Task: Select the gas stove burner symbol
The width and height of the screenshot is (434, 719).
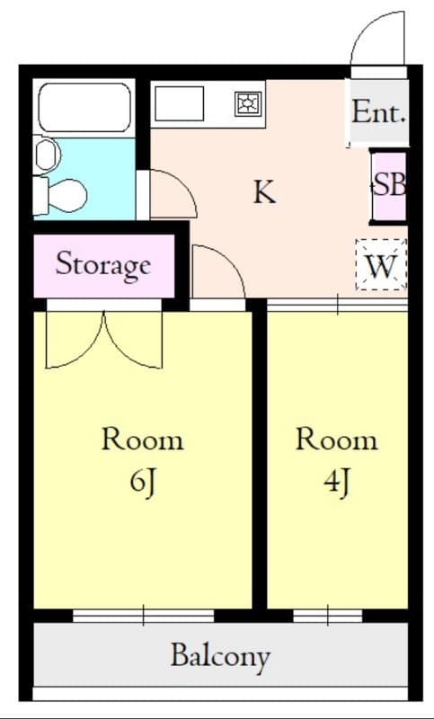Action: pos(247,104)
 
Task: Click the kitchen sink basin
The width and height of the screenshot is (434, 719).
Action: pos(179,104)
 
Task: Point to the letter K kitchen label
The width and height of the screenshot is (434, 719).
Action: pos(262,191)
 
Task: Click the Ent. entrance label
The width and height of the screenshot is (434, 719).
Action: pos(378,113)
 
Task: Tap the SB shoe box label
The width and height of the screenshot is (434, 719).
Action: pos(389,185)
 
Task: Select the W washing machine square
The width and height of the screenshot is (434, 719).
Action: pos(381,265)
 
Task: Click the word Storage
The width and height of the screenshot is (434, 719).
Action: pos(102,265)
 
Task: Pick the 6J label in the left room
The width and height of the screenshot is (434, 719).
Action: pos(143,483)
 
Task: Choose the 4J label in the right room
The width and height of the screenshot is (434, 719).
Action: pos(336,483)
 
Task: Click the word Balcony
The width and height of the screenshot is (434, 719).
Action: pos(220,655)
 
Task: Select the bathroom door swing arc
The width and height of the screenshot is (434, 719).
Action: pos(173,193)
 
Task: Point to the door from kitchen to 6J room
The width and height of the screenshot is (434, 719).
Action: pos(218,274)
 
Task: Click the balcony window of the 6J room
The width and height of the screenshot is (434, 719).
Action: pos(144,616)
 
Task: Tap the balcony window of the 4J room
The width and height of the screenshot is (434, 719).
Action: pos(327,616)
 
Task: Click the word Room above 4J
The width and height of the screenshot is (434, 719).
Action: pos(336,439)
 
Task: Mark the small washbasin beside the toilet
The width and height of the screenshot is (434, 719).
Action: pos(45,155)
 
